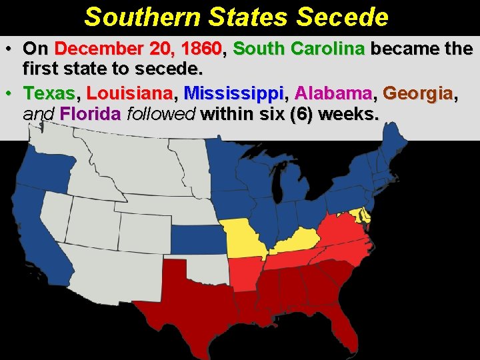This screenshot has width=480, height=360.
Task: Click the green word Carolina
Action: click(331, 49)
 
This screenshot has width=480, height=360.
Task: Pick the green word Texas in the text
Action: click(51, 93)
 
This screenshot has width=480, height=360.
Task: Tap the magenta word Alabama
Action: click(334, 93)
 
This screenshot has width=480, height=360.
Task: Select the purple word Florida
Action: click(91, 114)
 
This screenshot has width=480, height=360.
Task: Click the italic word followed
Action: click(161, 114)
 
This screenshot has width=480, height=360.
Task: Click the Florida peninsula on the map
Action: click(346, 327)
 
